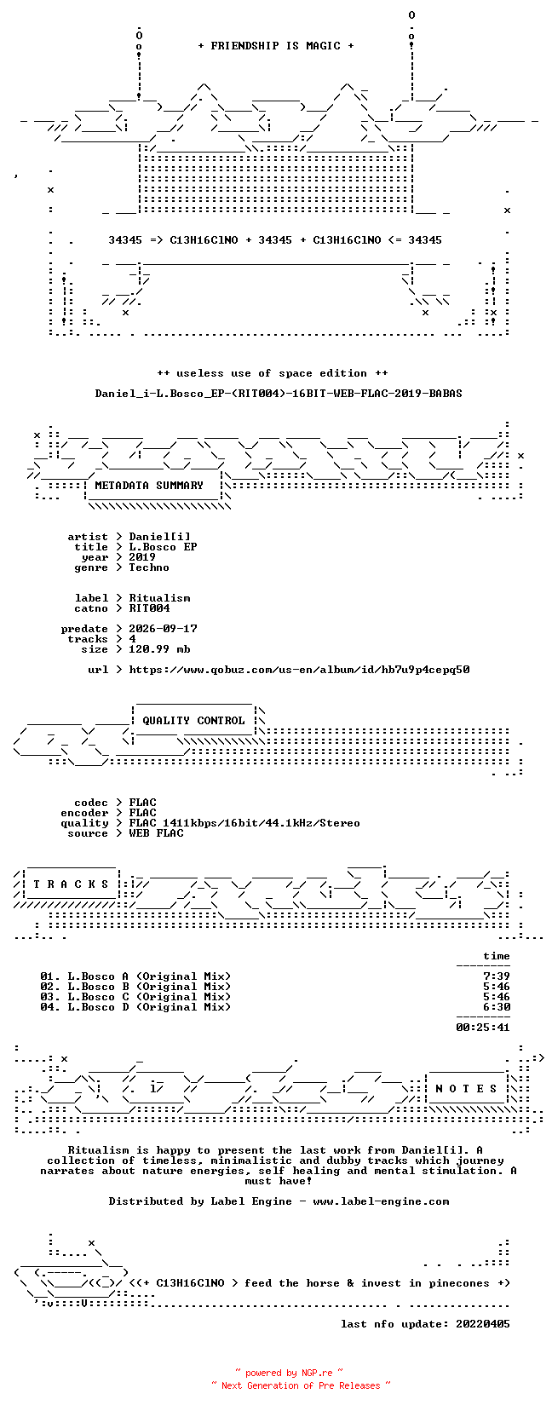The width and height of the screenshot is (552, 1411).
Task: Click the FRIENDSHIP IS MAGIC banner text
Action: (276, 46)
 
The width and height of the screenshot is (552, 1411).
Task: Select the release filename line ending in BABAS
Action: (279, 394)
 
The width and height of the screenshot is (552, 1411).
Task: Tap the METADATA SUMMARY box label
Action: (149, 486)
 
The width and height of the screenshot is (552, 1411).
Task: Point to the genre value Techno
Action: (149, 567)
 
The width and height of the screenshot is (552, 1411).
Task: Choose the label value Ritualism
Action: (159, 598)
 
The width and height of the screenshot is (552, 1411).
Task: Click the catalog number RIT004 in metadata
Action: (149, 608)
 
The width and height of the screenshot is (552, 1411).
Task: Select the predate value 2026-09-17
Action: (163, 629)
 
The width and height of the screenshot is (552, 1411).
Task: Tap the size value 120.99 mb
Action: (159, 649)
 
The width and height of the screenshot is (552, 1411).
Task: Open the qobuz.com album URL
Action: (299, 670)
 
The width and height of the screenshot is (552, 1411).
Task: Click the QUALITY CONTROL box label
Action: (193, 721)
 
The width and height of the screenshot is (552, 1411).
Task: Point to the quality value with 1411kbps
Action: (244, 823)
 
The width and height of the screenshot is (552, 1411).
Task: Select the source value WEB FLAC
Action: (156, 833)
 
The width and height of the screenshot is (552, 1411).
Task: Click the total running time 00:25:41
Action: (483, 1028)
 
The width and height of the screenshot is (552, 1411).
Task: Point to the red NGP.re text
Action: (317, 1374)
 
